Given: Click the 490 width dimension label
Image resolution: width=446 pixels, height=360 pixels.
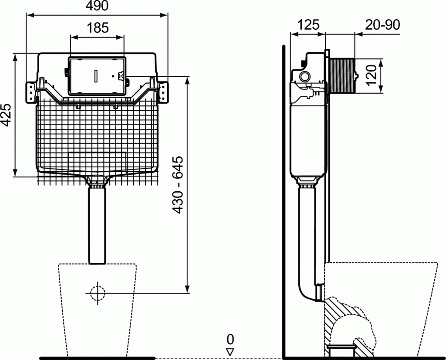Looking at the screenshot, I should [97, 6].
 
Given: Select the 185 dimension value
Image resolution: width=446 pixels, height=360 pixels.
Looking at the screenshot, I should [97, 28].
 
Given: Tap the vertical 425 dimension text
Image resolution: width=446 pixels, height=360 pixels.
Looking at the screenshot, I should [6, 115].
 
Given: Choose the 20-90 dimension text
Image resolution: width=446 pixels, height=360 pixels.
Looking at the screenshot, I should [382, 24].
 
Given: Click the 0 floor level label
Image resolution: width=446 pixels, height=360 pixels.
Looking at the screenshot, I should [230, 339].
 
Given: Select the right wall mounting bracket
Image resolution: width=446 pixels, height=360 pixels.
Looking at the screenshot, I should [163, 92].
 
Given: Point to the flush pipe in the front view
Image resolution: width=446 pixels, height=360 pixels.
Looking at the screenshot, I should [97, 224].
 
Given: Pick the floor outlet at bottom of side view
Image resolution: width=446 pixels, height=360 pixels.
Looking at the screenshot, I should [341, 350].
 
